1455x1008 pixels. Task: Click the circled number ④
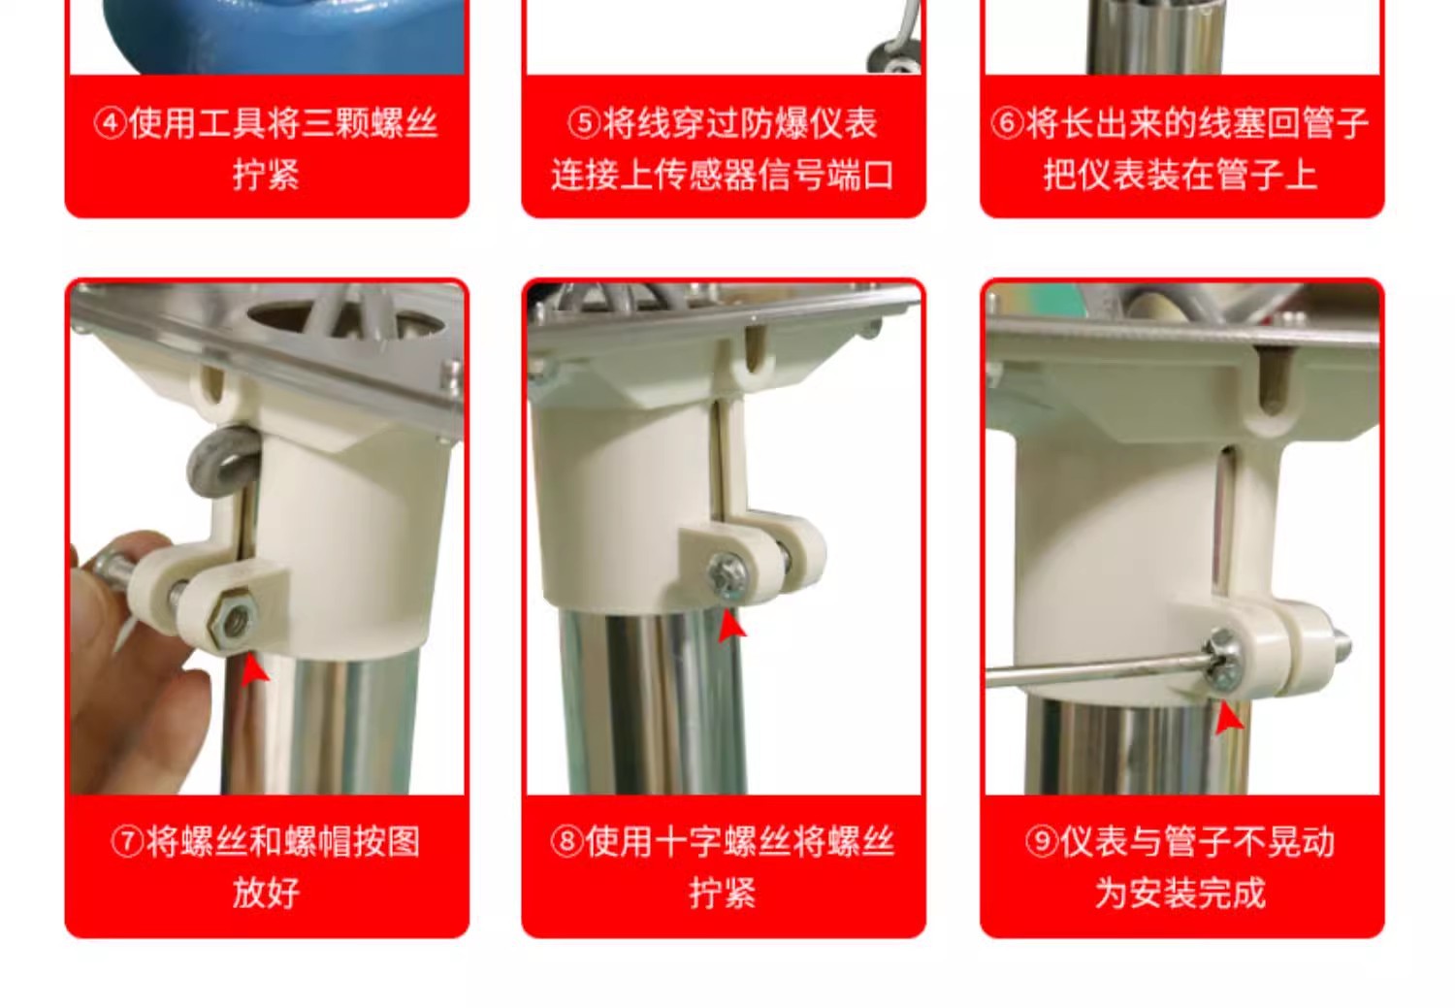[x=111, y=122]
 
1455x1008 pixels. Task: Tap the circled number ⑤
[x=584, y=122]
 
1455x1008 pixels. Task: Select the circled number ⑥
[x=1008, y=122]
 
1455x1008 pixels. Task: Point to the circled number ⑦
[x=128, y=842]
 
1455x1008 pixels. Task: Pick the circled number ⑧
[x=567, y=842]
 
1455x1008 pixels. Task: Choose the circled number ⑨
[x=1042, y=842]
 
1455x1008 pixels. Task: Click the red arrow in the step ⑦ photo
[x=254, y=671]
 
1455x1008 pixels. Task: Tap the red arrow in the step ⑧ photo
[x=731, y=627]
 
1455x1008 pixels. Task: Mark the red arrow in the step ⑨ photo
[x=1228, y=719]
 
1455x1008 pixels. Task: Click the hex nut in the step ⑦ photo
[x=231, y=616]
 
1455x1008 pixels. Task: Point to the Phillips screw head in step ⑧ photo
[x=728, y=575]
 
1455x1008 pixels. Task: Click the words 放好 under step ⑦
[x=267, y=893]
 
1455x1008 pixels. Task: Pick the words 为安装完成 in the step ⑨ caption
[x=1180, y=893]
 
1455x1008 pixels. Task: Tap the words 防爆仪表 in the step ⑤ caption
[x=809, y=122]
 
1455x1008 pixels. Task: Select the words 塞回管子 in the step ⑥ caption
[x=1300, y=122]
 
